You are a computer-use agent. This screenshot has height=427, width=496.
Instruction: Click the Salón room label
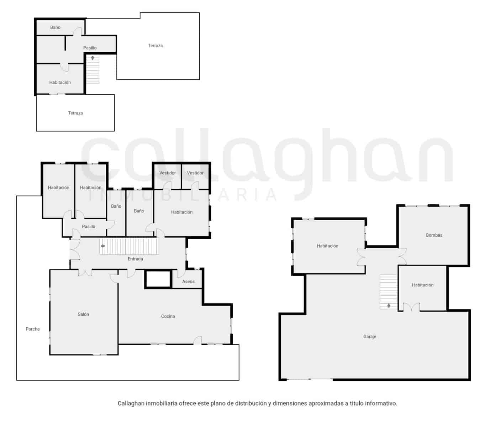tap(83, 314)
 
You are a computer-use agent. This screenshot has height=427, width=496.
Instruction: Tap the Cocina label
tap(168, 316)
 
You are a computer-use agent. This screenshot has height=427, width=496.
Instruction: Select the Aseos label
tap(188, 281)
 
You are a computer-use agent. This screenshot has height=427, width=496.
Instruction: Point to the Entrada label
tap(135, 259)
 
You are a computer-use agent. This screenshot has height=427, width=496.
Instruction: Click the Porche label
tap(33, 329)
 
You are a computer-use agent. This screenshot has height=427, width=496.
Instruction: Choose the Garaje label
tap(370, 337)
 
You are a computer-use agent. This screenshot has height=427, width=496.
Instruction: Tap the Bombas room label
tap(434, 235)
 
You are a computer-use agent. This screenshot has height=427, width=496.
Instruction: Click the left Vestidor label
tap(167, 173)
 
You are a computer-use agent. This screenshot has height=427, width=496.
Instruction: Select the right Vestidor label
tap(195, 173)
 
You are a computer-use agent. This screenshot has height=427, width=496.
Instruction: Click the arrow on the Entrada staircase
tap(103, 246)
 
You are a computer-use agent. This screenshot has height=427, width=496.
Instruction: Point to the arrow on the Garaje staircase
tap(389, 305)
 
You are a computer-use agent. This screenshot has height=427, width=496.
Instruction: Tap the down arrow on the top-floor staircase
tap(93, 58)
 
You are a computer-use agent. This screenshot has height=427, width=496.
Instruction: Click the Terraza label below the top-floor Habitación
tap(75, 113)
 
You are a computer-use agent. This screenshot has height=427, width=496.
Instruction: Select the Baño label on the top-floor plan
tap(55, 27)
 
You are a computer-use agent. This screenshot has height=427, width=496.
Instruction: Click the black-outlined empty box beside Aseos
tap(158, 279)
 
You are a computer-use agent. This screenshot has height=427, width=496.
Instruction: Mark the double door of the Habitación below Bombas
tap(411, 307)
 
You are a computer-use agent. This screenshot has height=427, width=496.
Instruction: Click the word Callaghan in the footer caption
tap(131, 404)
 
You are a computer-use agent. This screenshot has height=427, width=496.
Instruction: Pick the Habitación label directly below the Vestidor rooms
tap(181, 212)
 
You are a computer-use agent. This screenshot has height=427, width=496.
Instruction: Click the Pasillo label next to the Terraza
tap(90, 48)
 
